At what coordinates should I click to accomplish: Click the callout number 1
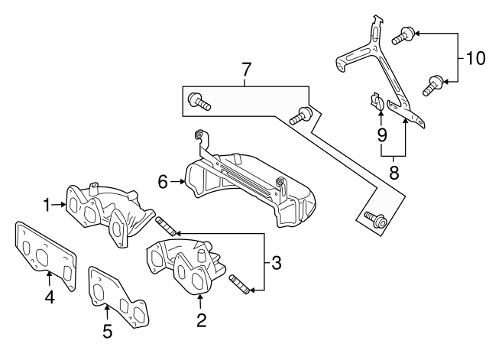click(47, 205)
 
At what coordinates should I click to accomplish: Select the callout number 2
click(201, 321)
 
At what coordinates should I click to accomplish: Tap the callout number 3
click(276, 264)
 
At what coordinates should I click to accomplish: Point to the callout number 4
click(49, 299)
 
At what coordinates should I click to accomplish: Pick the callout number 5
click(107, 331)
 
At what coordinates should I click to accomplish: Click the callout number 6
click(162, 181)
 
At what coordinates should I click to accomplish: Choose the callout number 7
click(246, 70)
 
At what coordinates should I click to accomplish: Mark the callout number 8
click(393, 173)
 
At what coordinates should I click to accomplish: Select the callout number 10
click(475, 57)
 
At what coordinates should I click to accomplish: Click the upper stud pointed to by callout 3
click(166, 226)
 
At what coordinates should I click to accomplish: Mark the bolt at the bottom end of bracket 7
click(375, 220)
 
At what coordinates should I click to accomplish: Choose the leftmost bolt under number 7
click(199, 101)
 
